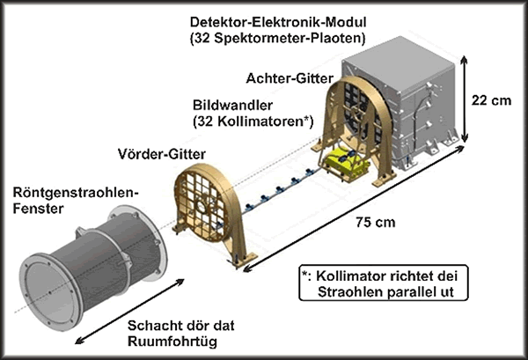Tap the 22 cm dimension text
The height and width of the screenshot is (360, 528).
click(490, 100)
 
